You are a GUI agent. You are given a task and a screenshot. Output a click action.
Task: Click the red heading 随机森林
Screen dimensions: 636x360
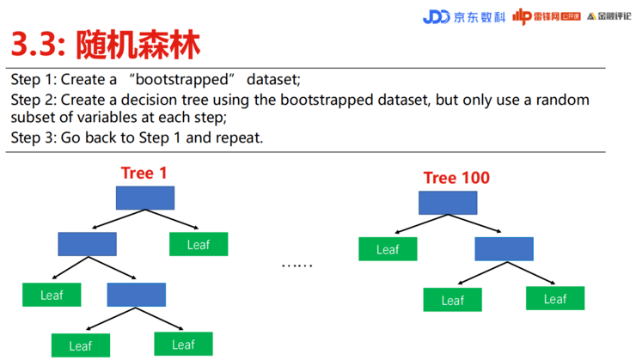click(x=138, y=45)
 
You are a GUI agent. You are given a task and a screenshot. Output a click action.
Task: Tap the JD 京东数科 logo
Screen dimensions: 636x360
click(x=464, y=17)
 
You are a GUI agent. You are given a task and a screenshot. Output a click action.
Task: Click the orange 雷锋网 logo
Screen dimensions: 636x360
click(x=547, y=16)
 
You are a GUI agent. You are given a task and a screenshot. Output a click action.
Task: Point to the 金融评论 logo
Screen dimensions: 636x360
click(x=608, y=16)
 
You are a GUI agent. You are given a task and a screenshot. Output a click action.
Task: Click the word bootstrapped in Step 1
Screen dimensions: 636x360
click(x=182, y=79)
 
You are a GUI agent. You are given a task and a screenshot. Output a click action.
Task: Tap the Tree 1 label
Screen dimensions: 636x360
click(x=144, y=173)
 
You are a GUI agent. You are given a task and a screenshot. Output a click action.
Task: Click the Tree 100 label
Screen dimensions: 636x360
click(x=456, y=178)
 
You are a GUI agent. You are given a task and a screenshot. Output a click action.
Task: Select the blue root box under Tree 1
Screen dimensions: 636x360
click(x=145, y=198)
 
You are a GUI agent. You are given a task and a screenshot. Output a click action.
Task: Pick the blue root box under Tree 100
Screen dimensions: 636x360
click(x=448, y=203)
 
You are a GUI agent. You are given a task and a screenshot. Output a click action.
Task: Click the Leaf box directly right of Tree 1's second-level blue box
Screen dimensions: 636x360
click(x=199, y=244)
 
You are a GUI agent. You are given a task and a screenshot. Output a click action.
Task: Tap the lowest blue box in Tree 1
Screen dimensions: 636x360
click(x=137, y=295)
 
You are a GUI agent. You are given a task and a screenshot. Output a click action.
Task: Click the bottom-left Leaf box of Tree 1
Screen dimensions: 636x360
click(x=81, y=345)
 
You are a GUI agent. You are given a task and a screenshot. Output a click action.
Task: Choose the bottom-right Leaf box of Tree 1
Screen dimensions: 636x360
click(x=183, y=344)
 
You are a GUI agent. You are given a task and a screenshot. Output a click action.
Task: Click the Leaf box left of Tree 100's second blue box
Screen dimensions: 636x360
click(x=388, y=249)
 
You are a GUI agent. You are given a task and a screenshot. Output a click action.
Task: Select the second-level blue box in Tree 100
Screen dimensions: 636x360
click(x=505, y=249)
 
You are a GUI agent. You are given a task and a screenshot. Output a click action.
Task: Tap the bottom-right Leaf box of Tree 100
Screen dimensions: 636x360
click(x=555, y=298)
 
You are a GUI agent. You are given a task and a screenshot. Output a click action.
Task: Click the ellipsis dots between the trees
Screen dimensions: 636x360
click(x=297, y=265)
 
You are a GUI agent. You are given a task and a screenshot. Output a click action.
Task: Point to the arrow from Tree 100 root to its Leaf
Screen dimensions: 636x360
click(x=421, y=224)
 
